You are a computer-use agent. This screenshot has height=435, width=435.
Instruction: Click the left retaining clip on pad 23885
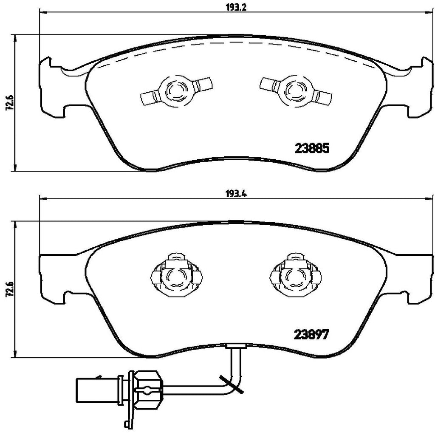(175, 90)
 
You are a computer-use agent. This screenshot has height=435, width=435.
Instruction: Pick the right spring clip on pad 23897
(295, 277)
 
